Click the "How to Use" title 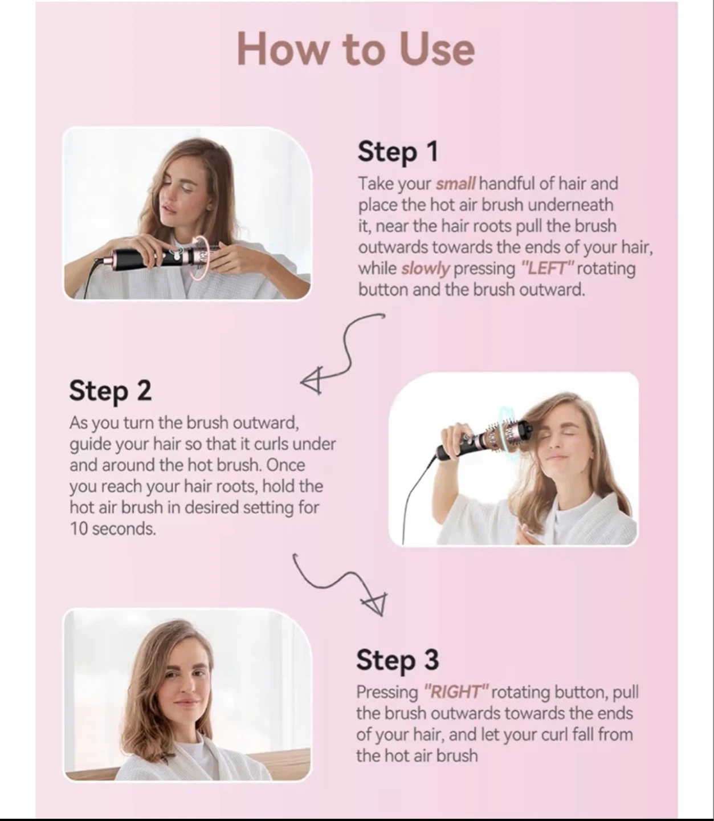pyautogui.click(x=356, y=49)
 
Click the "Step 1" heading pyautogui.click(x=398, y=152)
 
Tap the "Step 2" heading pyautogui.click(x=110, y=390)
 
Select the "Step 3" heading pyautogui.click(x=398, y=660)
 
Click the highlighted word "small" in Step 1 pyautogui.click(x=455, y=184)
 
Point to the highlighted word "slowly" pyautogui.click(x=425, y=269)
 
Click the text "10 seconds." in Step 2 pyautogui.click(x=113, y=529)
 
